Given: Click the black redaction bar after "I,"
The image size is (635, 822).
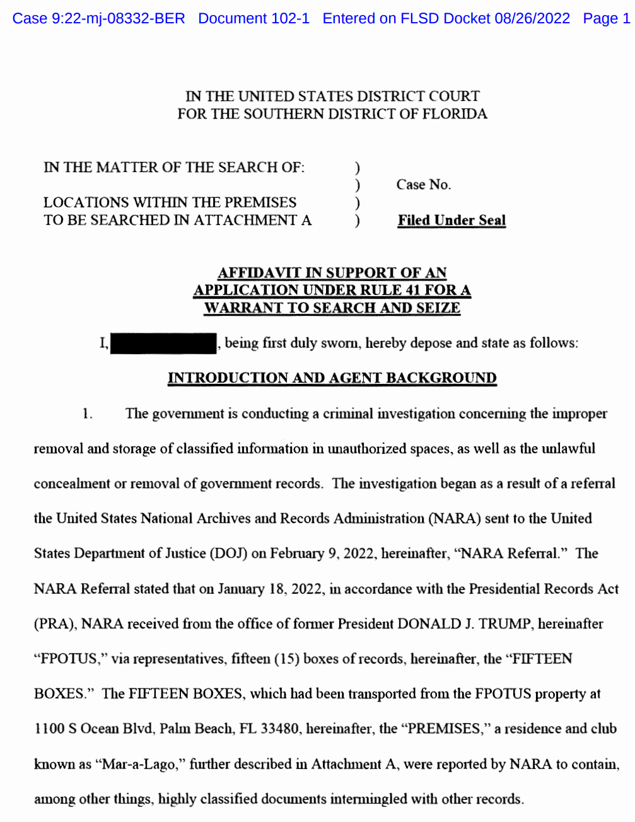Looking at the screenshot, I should tap(163, 344).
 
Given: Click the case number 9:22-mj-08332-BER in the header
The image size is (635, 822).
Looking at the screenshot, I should tap(118, 18).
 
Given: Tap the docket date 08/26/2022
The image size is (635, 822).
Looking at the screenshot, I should tap(532, 18).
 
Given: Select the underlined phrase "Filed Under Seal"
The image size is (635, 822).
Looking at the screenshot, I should tap(451, 220).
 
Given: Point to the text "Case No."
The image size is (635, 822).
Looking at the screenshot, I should tap(423, 185).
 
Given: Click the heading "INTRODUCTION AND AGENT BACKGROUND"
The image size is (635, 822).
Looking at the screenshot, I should tap(332, 378).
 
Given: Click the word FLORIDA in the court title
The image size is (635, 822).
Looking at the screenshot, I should tap(455, 114).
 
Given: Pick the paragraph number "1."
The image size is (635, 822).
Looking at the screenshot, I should tap(88, 414).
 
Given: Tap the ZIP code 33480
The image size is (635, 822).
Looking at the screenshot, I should tap(280, 729).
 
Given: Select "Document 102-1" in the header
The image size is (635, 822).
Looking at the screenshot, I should tap(253, 18).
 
